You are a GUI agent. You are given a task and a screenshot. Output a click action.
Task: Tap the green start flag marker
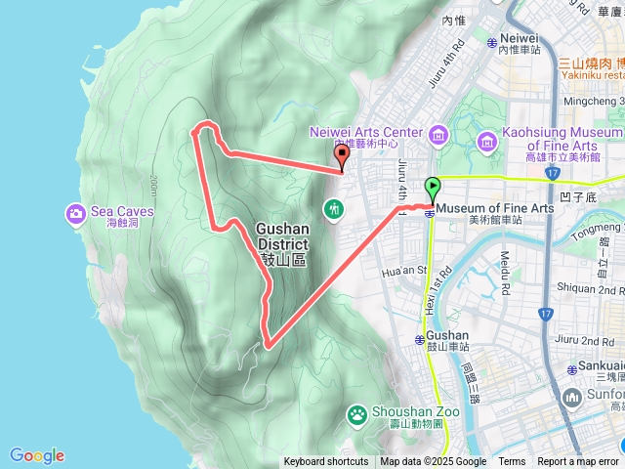pos(432,186)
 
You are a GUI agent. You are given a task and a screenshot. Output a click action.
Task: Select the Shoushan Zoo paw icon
pos(358,416)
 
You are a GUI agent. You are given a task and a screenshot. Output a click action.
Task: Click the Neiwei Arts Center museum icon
pos(437,134)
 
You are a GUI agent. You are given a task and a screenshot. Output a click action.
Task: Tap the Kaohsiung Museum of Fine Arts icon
pos(486,145)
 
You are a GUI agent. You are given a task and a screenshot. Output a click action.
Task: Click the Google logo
pos(37,455)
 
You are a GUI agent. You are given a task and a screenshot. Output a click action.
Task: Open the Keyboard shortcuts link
pos(326,462)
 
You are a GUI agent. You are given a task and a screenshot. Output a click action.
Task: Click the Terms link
pos(512,462)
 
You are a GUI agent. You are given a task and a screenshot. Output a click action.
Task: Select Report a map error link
pos(578,462)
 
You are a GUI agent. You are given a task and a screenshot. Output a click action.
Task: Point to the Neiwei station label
pos(518,38)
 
